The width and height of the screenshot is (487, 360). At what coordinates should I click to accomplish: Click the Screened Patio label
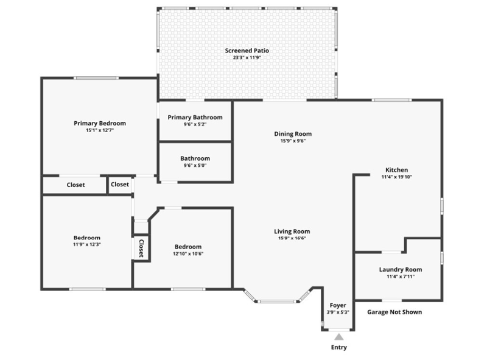(247, 51)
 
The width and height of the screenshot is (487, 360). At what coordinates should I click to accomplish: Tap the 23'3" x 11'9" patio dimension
(247, 57)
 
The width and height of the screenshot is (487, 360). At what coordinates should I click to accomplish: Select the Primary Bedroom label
(100, 123)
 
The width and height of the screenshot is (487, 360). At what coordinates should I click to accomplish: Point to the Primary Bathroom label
(195, 117)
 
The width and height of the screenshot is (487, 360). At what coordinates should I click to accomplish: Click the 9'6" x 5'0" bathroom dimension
(195, 166)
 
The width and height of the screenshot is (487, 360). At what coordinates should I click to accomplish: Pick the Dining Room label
(293, 133)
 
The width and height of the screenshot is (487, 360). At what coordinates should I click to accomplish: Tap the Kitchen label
(397, 170)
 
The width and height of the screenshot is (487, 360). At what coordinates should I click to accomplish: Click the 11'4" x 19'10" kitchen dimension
(397, 177)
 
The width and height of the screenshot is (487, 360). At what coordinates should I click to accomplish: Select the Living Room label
(292, 231)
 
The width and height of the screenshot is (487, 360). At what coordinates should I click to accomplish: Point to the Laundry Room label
(401, 269)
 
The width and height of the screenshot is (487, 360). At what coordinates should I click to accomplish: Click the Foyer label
(338, 305)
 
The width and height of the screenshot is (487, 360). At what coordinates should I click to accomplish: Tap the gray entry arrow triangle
(339, 337)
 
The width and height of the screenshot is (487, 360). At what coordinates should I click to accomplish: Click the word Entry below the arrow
(339, 347)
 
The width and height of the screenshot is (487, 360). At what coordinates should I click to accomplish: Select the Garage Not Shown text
(394, 312)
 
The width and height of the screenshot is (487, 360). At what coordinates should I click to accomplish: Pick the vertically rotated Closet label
(141, 248)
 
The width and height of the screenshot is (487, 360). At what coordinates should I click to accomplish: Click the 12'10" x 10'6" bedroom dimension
(188, 253)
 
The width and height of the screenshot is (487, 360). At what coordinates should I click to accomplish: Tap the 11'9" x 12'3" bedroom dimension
(87, 244)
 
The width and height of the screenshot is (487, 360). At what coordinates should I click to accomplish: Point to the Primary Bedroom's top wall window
(96, 78)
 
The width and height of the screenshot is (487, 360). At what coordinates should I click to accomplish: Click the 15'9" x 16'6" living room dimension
(292, 238)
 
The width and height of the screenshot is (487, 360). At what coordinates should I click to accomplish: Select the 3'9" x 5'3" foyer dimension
(338, 312)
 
